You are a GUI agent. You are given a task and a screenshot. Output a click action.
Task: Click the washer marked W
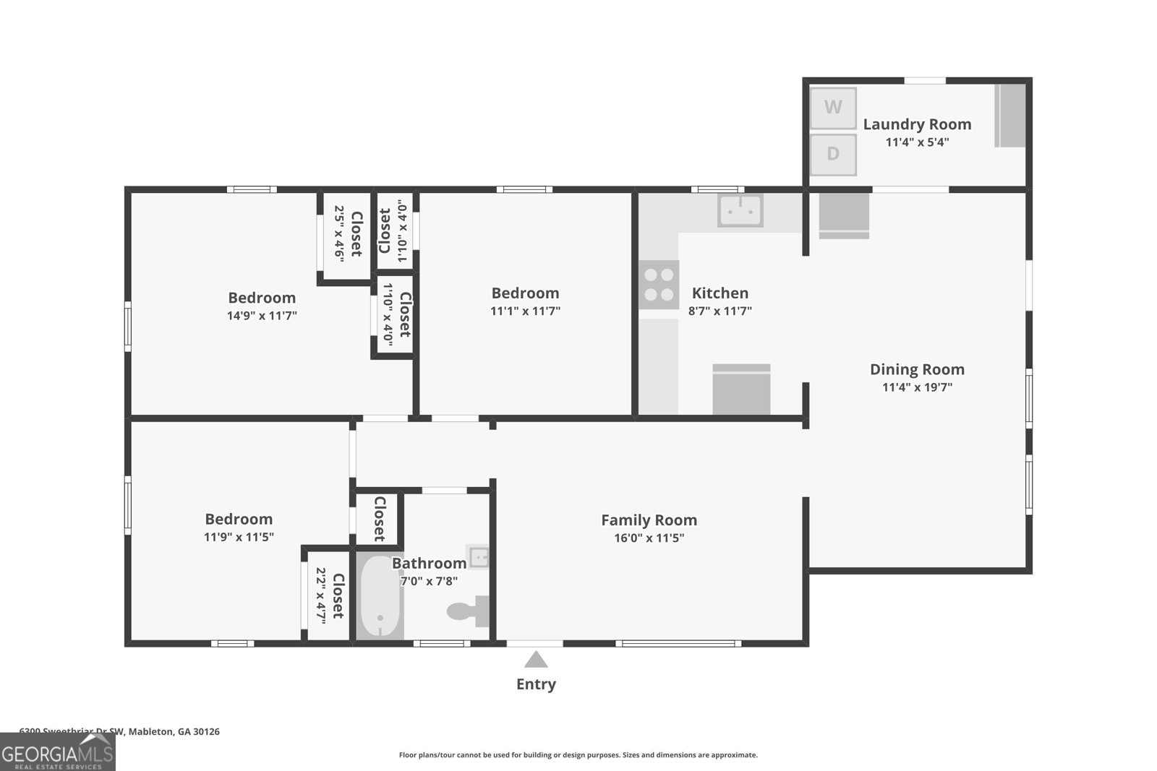(833, 108)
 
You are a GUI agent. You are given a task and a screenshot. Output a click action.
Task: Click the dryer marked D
(833, 154)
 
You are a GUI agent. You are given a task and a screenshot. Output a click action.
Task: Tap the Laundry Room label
(917, 124)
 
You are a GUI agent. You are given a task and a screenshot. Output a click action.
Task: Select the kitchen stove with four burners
(659, 285)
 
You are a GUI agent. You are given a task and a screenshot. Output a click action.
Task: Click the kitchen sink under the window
(740, 210)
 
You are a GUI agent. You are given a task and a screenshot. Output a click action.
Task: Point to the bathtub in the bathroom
(380, 596)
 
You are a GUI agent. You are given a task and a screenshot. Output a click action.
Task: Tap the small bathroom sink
(479, 557)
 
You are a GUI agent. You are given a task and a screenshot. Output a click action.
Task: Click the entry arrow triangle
(535, 660)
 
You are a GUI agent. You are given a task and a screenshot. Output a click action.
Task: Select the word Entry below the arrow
(536, 684)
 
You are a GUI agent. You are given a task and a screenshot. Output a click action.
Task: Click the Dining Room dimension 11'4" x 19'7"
(917, 387)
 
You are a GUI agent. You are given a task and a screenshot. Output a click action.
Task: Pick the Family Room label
(649, 520)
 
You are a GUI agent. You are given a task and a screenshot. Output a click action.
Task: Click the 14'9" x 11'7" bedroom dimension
(262, 316)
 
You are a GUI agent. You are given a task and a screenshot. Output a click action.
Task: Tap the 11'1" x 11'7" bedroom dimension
(525, 311)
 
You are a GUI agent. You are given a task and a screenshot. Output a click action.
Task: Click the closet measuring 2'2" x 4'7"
(328, 593)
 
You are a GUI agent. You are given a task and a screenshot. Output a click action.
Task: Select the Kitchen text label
(720, 293)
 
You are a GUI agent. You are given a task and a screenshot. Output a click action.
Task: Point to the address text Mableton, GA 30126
(174, 731)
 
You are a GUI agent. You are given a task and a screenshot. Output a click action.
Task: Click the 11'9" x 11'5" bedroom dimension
(239, 538)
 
